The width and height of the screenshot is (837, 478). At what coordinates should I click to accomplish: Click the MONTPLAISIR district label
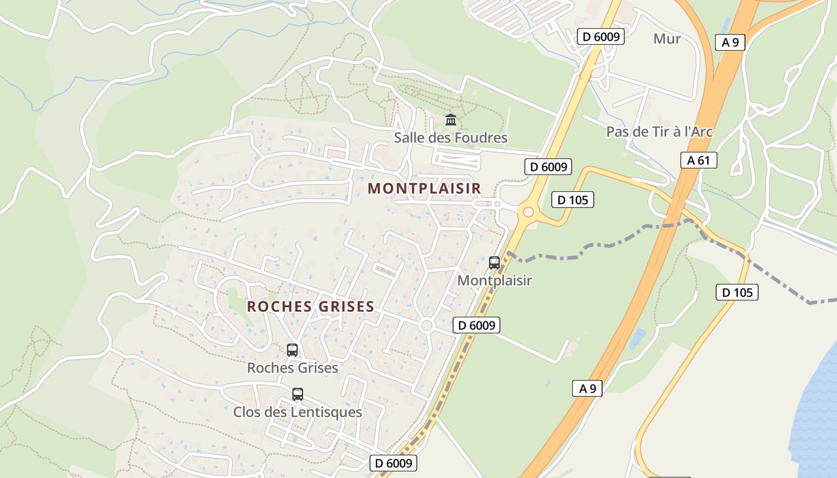tap(424, 188)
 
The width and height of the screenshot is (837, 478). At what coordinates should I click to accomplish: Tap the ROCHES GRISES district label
tap(310, 307)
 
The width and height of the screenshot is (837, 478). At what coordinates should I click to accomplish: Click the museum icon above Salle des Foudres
tap(451, 119)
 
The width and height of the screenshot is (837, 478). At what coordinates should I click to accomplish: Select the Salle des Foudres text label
tap(450, 138)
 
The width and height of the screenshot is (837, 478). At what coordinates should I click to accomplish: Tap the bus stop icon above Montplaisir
tap(494, 262)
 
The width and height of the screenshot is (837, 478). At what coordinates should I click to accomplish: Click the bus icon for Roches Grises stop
tap(292, 350)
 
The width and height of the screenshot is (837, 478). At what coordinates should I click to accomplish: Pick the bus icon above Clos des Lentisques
tap(297, 394)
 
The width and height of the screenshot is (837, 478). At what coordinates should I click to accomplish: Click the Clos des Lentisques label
tap(297, 412)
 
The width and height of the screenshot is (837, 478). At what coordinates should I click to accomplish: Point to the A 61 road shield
tap(698, 160)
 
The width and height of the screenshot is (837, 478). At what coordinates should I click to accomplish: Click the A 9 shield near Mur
tap(730, 42)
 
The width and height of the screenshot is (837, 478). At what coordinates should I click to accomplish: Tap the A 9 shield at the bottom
tap(587, 388)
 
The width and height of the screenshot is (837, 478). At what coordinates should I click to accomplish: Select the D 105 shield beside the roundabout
tap(572, 200)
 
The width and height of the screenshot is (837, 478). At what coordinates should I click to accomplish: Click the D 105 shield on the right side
tap(737, 292)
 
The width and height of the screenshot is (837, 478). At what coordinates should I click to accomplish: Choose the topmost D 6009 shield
tap(600, 36)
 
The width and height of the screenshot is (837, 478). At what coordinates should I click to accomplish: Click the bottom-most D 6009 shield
tap(392, 463)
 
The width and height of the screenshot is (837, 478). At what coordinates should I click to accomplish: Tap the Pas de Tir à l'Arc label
tap(659, 131)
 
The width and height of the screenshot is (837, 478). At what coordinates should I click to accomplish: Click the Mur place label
tap(667, 39)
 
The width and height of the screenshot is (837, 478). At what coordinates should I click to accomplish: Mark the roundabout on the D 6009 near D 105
tap(528, 212)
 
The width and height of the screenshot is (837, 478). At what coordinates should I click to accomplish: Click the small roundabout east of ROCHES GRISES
tap(426, 326)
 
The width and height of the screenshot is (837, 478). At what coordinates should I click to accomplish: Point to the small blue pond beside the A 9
tap(637, 338)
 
